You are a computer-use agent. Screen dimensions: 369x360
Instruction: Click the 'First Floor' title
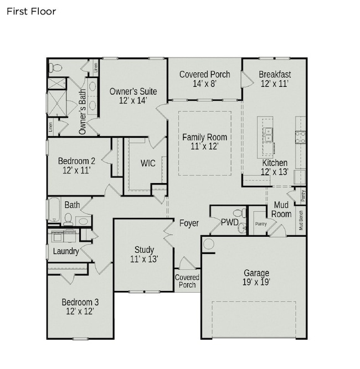click(x=32, y=11)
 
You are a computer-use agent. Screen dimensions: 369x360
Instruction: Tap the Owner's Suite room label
click(x=133, y=91)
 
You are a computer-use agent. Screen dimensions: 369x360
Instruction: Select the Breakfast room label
click(x=275, y=75)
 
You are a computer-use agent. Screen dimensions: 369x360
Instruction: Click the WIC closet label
click(x=148, y=163)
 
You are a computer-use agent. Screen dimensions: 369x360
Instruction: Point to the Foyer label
click(x=189, y=224)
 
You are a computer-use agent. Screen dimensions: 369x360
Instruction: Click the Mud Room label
click(x=282, y=210)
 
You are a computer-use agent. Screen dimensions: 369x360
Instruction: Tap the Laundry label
click(x=66, y=251)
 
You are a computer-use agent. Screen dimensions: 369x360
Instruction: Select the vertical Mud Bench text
click(x=301, y=220)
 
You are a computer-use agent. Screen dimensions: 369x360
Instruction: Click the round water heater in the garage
click(x=208, y=244)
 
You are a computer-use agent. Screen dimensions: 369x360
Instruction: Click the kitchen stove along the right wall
click(x=300, y=137)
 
